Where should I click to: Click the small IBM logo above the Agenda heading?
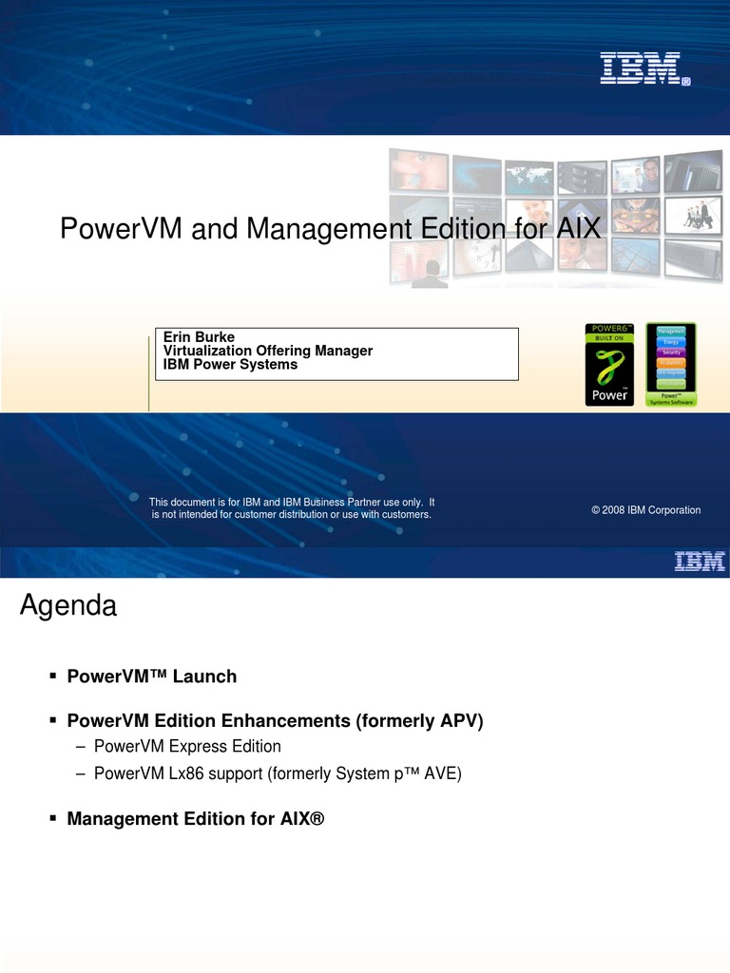pyautogui.click(x=700, y=562)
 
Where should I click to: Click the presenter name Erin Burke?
pyautogui.click(x=199, y=337)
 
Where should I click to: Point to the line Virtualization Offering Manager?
pyautogui.click(x=268, y=351)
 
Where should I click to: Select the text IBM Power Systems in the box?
pyautogui.click(x=230, y=364)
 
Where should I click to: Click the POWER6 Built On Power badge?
pyautogui.click(x=609, y=365)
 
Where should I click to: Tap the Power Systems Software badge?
pyautogui.click(x=671, y=365)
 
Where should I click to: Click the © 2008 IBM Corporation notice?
pyautogui.click(x=645, y=510)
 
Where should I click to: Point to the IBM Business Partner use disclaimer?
pyautogui.click(x=292, y=507)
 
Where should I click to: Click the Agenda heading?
pyautogui.click(x=68, y=606)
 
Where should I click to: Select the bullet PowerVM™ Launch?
pyautogui.click(x=151, y=677)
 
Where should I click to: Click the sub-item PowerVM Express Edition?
pyautogui.click(x=187, y=747)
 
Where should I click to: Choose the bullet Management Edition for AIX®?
pyautogui.click(x=196, y=818)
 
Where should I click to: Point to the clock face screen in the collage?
pyautogui.click(x=476, y=252)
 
